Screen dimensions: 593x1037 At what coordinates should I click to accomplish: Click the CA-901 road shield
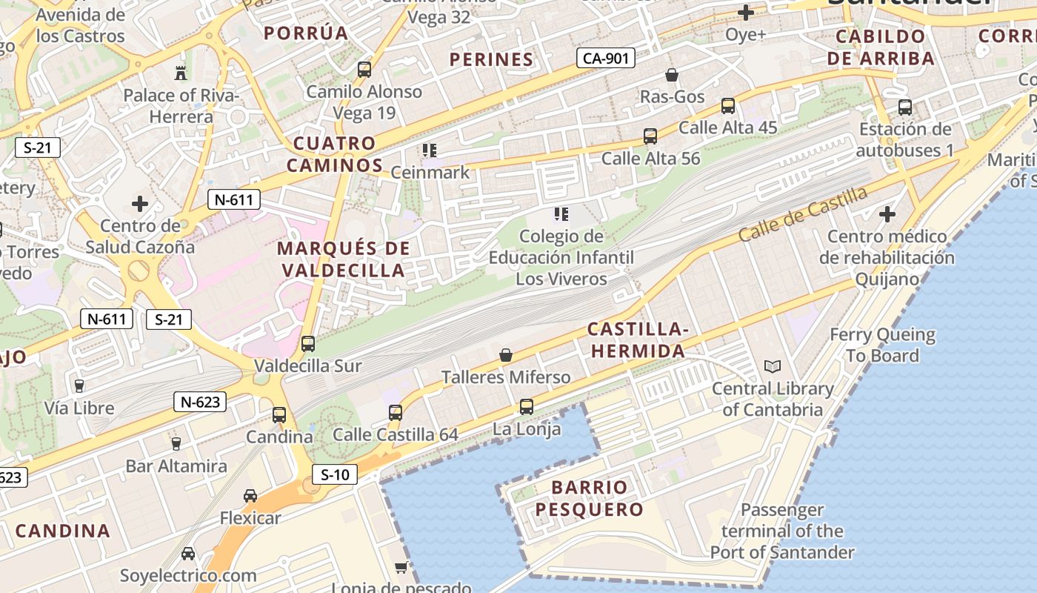(x=606, y=58)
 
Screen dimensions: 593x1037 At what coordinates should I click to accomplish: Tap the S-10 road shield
(x=335, y=474)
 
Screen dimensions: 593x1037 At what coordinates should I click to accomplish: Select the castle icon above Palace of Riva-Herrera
(x=180, y=73)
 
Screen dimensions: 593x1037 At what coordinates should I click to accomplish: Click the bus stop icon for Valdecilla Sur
(x=308, y=344)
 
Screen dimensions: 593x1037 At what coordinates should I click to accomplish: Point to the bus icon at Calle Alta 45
(x=728, y=106)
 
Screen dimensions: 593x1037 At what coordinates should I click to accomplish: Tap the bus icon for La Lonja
(x=527, y=407)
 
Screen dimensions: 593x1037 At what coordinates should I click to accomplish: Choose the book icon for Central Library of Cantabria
(x=772, y=367)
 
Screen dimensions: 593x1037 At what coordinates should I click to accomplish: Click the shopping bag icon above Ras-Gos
(x=672, y=75)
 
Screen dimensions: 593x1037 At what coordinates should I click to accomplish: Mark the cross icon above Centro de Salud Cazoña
(x=140, y=204)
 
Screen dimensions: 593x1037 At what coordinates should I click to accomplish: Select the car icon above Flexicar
(x=250, y=496)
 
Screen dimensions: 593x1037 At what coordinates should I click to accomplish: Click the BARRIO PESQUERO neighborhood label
(x=590, y=498)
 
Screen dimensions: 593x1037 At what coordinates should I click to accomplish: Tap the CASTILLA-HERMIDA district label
(x=638, y=340)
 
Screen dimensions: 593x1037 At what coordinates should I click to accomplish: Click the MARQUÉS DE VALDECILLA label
(x=344, y=259)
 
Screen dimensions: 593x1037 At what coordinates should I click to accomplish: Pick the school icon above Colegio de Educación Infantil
(x=561, y=215)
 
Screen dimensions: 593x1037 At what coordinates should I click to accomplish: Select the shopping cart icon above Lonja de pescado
(x=401, y=568)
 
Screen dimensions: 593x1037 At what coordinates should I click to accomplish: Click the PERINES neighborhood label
(x=491, y=59)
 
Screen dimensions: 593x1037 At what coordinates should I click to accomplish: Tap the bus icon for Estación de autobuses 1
(x=905, y=107)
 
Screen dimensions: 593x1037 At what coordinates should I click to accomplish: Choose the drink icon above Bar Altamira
(x=176, y=444)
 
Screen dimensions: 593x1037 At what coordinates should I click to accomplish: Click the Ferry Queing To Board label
(x=882, y=345)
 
